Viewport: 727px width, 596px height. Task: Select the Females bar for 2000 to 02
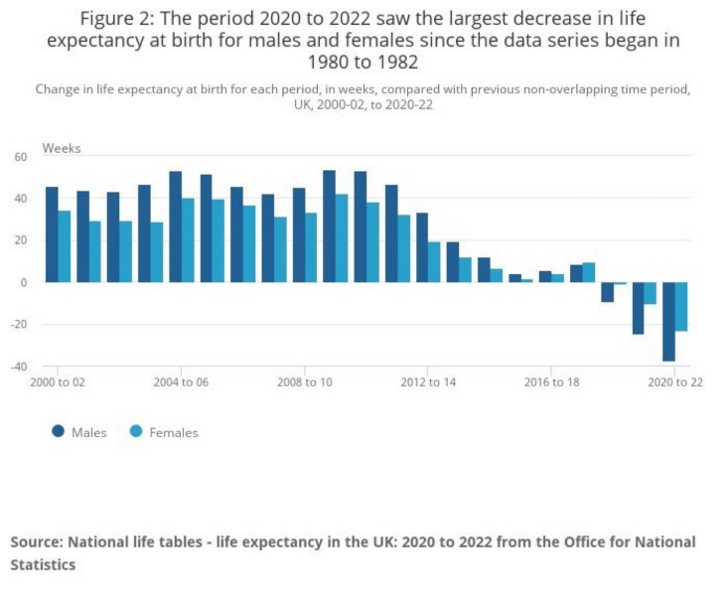[x=65, y=246]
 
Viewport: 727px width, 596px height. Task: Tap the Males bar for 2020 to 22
[x=669, y=321]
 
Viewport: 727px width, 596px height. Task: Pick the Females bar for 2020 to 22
[x=681, y=306]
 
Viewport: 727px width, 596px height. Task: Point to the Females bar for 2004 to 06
[x=188, y=240]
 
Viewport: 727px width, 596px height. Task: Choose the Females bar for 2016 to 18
[x=558, y=278]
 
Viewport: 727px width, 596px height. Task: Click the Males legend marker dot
[x=59, y=432]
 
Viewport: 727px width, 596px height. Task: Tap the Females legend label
[x=174, y=433]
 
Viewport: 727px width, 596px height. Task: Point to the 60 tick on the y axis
[x=20, y=157]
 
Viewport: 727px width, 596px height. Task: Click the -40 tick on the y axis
[x=20, y=367]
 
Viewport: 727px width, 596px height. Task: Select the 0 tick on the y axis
[x=24, y=282]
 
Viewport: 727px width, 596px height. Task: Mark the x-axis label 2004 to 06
[x=181, y=382]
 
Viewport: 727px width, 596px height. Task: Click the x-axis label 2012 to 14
[x=428, y=382]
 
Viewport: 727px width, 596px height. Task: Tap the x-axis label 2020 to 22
[x=675, y=382]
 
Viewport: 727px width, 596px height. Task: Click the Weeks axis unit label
[x=62, y=148]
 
